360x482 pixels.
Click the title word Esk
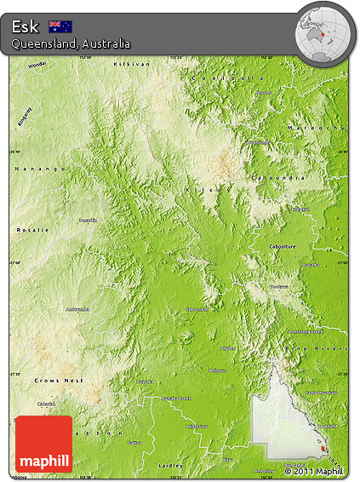26,26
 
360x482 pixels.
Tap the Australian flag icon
60,26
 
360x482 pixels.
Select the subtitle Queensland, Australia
71,43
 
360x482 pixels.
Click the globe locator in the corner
323,32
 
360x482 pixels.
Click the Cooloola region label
229,77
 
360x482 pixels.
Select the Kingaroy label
26,117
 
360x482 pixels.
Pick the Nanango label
40,169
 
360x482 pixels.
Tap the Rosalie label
33,230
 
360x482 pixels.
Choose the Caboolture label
288,245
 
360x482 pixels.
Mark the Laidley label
170,467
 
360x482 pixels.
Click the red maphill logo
43,444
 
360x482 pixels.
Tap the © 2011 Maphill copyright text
314,471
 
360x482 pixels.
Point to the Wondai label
37,65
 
